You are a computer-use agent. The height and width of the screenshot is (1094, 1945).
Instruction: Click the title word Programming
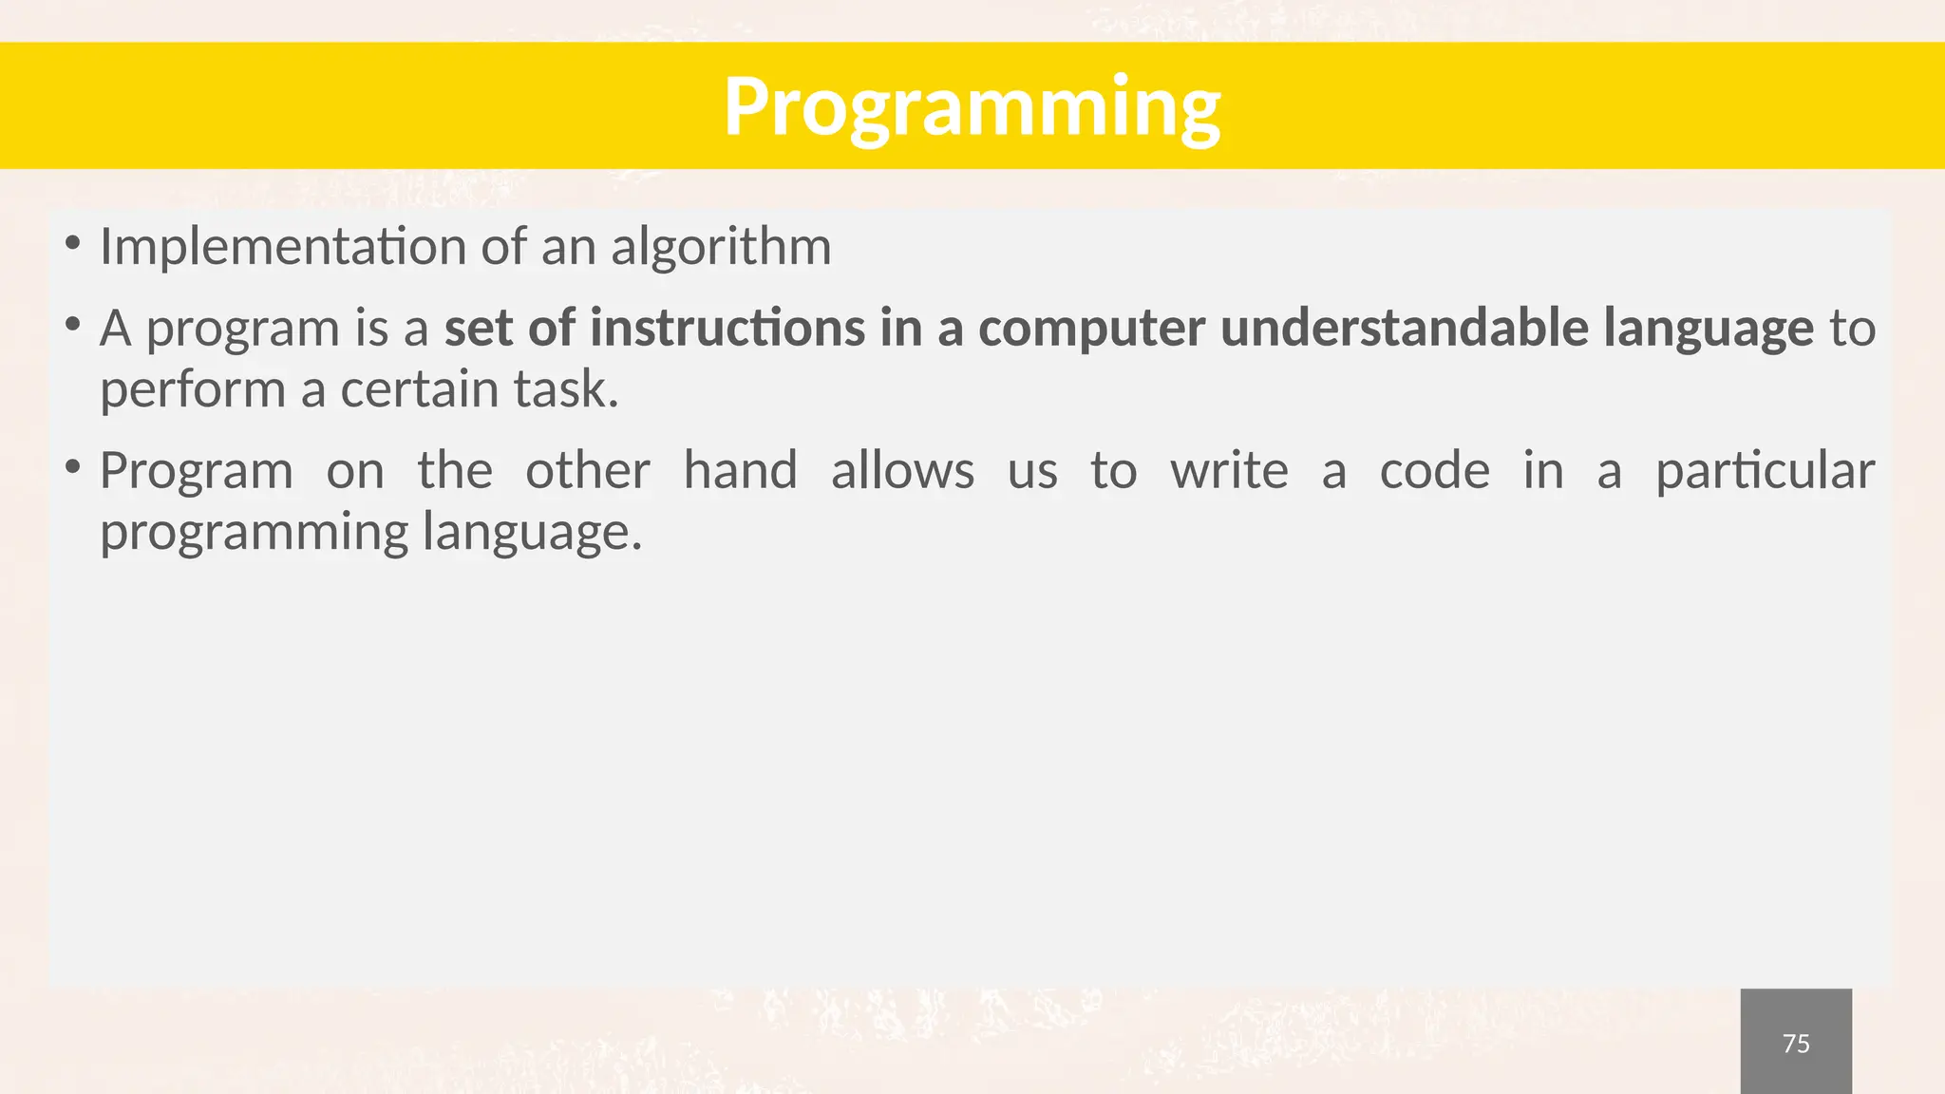point(972,107)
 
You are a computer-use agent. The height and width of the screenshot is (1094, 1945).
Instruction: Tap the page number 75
point(1795,1044)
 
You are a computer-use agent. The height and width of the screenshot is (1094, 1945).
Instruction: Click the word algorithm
point(721,247)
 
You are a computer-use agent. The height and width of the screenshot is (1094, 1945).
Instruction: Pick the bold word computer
point(1091,328)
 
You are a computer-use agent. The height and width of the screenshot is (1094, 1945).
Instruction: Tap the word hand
point(740,470)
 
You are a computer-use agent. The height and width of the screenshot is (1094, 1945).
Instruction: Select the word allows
point(902,470)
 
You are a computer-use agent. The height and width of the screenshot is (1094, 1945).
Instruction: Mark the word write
point(1229,470)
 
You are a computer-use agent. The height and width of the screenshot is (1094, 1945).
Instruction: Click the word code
point(1434,470)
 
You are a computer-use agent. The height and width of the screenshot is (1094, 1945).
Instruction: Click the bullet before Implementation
point(72,244)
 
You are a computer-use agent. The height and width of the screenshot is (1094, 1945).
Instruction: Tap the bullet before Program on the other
point(72,467)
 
